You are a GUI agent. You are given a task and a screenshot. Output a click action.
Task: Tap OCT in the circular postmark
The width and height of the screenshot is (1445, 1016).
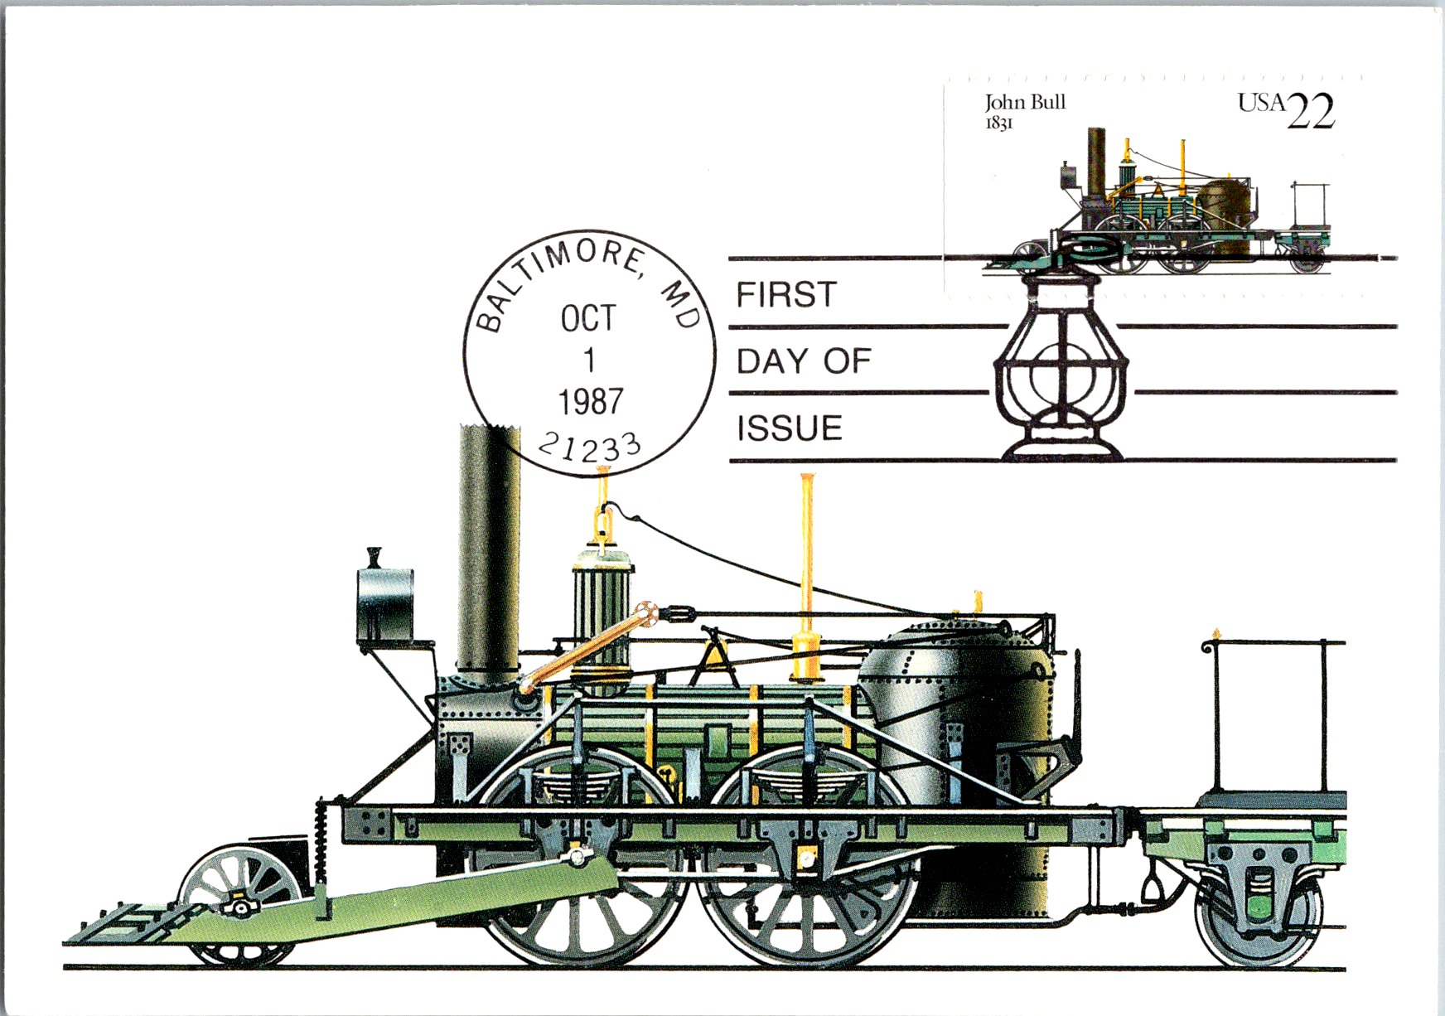588,318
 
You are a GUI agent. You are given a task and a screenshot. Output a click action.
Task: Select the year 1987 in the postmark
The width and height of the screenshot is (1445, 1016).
590,402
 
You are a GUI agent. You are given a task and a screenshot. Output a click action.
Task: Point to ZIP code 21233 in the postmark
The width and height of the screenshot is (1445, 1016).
590,448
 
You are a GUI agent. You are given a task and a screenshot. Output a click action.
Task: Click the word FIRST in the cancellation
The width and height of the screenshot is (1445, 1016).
786,295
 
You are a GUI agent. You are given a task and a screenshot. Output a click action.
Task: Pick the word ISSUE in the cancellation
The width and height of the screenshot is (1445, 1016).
790,428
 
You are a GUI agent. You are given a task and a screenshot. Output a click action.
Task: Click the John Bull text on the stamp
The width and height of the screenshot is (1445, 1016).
1025,103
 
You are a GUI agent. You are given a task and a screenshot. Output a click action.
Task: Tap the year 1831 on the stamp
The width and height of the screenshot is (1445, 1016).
998,123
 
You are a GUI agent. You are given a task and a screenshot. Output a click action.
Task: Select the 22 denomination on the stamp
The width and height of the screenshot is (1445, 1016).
1311,112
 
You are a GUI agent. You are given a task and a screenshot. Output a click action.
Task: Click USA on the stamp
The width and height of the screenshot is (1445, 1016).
1262,103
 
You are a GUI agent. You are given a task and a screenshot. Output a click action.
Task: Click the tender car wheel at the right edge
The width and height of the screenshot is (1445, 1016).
1259,920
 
